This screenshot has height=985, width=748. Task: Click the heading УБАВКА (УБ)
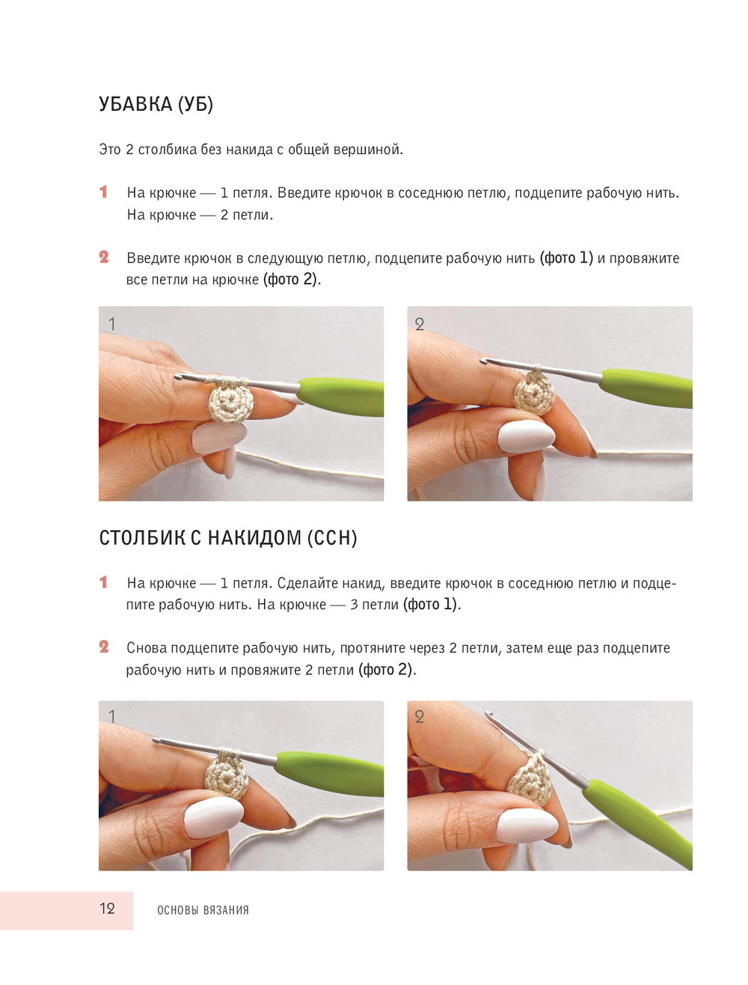155,104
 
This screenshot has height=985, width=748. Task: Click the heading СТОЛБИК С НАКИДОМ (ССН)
228,537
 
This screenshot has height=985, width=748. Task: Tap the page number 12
107,908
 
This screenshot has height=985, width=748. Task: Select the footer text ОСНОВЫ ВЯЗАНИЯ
203,909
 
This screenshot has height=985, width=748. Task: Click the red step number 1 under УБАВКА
103,192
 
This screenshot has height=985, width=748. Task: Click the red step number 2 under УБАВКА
103,257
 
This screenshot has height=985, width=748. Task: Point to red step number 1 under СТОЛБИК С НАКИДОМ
103,582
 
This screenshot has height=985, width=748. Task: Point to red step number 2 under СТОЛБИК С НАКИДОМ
103,647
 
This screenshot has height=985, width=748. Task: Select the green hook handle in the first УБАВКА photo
341,396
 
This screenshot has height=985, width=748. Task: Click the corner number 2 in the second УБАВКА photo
420,324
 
